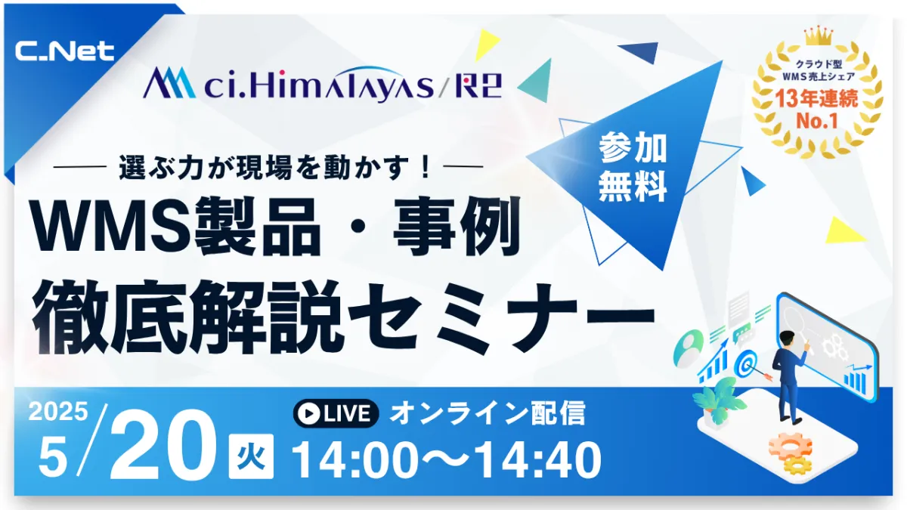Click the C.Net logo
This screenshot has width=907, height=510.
pos(65,51)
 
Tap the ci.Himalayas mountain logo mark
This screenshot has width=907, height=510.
pos(169,82)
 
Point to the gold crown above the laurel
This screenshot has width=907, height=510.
pos(819,36)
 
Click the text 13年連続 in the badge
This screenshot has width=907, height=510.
pos(817,98)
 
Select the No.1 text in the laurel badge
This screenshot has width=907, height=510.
pos(817,121)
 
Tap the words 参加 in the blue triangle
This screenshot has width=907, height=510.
pos(633,148)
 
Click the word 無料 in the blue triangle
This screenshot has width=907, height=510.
pos(633,187)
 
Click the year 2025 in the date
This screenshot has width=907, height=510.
pos(58,412)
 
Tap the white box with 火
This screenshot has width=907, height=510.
pos(251,456)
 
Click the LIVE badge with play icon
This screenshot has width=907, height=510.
pos(336,413)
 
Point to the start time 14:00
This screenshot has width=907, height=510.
pos(355,460)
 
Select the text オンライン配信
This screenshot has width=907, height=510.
pos(488,413)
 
